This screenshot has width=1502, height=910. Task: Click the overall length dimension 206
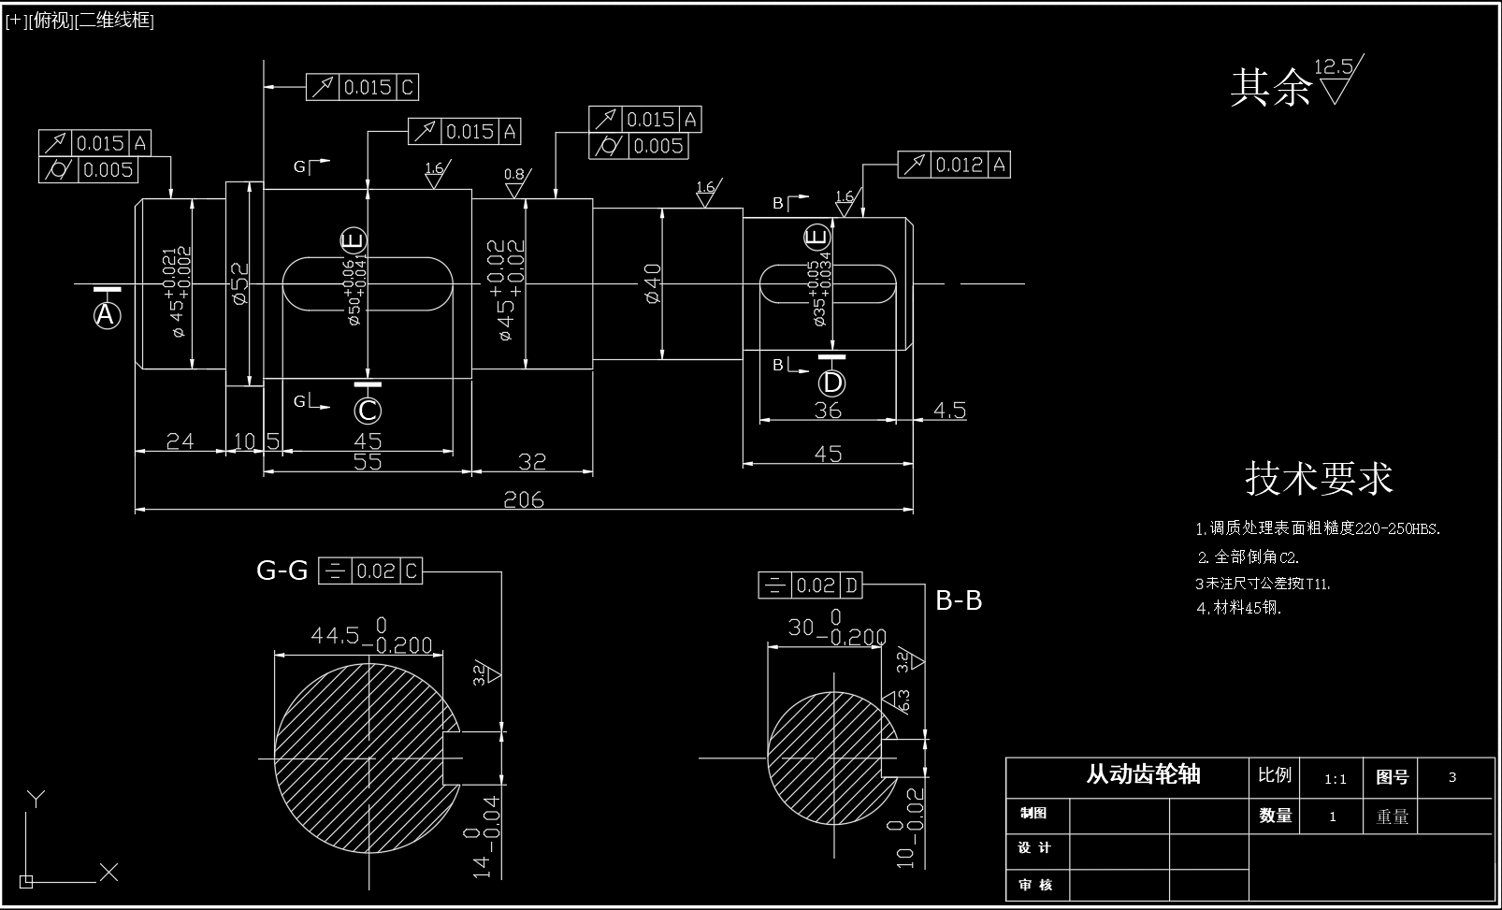524,499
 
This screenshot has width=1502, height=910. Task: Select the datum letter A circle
108,315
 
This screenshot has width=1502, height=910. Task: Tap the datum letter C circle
368,411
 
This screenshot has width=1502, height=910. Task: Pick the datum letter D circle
831,383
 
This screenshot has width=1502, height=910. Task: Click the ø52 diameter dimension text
239,282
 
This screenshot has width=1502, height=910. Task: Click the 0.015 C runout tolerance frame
362,88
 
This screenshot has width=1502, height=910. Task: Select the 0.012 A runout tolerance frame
954,166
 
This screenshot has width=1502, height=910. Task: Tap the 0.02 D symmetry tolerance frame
810,586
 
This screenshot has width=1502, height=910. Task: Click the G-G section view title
282,571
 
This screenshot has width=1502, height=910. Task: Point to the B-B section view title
959,600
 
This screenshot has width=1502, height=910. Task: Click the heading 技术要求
1319,478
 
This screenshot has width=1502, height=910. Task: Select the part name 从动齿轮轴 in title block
1143,774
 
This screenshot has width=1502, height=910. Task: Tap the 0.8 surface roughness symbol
514,183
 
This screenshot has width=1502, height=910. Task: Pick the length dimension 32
531,461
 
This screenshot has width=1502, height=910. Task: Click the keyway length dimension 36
828,410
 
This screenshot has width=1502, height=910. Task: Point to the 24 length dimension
180,441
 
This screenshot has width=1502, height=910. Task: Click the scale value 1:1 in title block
1336,779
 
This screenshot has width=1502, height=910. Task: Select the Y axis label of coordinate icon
36,799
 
